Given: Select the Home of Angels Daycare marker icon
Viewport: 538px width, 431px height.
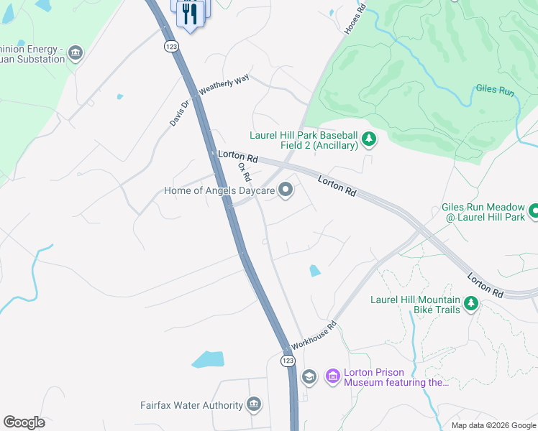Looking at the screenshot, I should pos(286,190).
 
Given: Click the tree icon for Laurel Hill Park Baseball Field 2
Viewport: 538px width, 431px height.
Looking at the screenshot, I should pos(369,138).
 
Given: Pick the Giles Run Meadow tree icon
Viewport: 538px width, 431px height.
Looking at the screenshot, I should pos(534,210).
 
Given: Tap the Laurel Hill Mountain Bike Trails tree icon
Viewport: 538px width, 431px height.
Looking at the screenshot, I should pos(472,303).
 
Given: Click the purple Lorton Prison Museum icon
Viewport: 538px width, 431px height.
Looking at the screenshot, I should pos(332,376).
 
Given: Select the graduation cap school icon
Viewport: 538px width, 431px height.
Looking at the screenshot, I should pos(309,376).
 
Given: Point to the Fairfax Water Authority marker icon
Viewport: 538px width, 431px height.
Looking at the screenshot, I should pos(254,405).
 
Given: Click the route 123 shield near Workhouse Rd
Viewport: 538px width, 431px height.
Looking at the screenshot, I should pos(288,358).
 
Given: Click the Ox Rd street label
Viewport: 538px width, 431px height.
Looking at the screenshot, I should pos(245,172).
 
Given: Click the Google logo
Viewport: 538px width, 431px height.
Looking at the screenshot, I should pos(24,422).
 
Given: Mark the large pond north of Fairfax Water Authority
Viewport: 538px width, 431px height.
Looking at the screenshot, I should pos(208,359).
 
